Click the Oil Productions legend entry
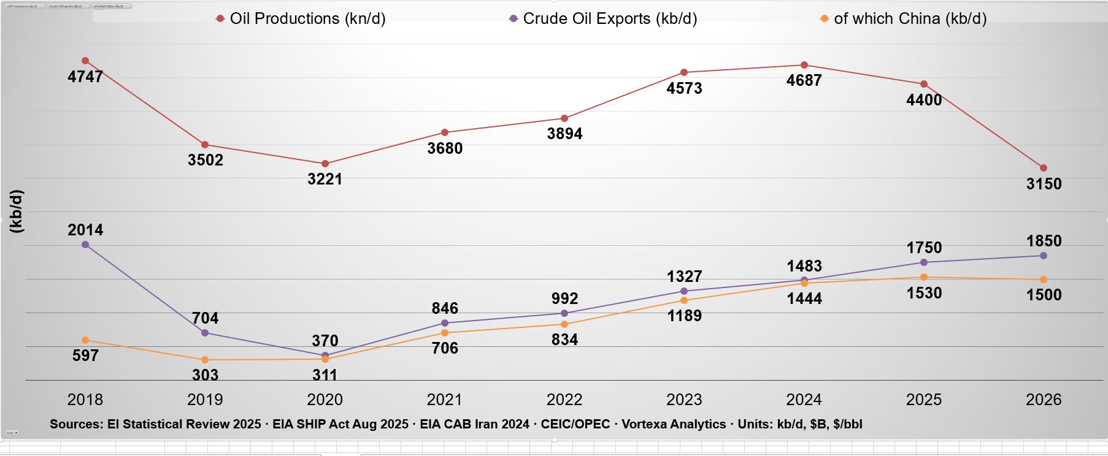point(301,19)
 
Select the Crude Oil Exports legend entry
point(603,19)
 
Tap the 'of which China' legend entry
point(903,19)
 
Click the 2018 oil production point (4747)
point(85,61)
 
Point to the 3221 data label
point(325,179)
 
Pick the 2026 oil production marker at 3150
point(1044,168)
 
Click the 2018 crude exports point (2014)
point(85,245)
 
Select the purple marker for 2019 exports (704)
point(205,333)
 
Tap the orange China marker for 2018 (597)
point(85,340)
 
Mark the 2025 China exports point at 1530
point(924,277)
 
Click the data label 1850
point(1044,241)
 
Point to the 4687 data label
point(804,80)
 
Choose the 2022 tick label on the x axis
point(564,400)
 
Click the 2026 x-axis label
point(1044,400)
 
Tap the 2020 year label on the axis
point(325,400)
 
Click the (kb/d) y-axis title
point(17,211)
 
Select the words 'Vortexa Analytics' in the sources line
point(673,424)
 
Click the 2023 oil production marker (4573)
point(684,72)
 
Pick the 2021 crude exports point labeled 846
point(445,323)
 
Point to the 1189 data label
point(684,316)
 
